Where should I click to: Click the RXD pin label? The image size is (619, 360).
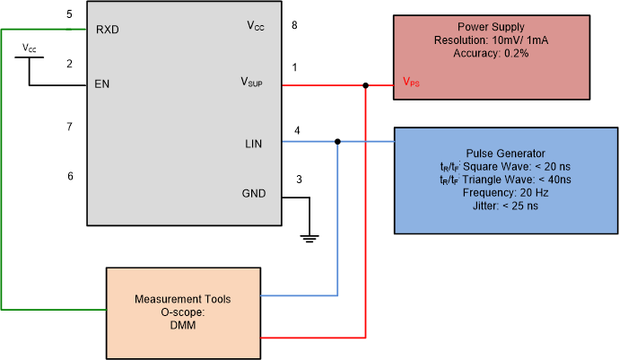pos(108,29)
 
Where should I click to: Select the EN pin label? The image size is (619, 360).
pos(102,86)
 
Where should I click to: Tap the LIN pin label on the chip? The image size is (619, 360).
pos(255,143)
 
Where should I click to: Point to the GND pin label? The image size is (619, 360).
pos(254,194)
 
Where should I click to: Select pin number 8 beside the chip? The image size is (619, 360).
pos(294,25)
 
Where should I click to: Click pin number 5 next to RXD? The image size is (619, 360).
pos(69,15)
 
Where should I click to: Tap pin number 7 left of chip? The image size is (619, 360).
pos(69,127)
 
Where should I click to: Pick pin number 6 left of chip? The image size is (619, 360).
pos(69,176)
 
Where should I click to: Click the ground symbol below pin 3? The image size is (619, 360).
pos(309,238)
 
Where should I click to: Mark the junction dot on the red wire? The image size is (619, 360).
pos(366,86)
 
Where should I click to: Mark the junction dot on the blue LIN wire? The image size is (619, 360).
pos(337,142)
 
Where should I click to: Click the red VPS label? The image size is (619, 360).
pos(411,83)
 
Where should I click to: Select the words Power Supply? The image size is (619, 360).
pos(491,27)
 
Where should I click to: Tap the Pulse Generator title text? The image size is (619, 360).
pos(506,154)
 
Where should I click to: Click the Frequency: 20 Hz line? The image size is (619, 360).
pos(506,192)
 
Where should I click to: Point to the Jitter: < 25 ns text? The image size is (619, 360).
pos(506,206)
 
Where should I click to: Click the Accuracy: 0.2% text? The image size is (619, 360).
pos(491,54)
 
